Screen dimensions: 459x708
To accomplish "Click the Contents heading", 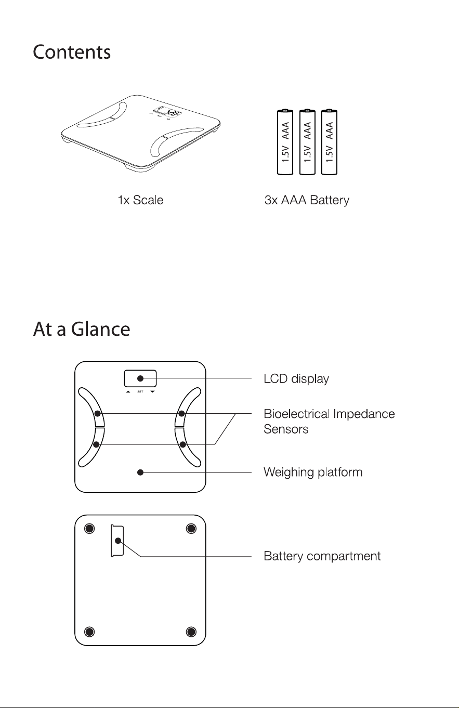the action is pos(72,52).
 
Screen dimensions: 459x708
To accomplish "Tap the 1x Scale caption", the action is pos(141,200).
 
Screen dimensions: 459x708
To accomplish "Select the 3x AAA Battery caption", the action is pos(307,200).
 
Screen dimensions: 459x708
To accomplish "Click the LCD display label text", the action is pos(296,378).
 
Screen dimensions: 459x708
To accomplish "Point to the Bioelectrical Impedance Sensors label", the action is pos(329,422).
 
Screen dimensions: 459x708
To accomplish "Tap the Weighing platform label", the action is pos(313,472).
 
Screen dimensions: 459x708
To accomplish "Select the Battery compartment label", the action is pos(322,556).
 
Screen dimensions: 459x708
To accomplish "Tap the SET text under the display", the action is pos(140,392).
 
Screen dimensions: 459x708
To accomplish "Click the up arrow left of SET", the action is pos(128,392).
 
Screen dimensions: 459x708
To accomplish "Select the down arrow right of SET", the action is pos(153,392).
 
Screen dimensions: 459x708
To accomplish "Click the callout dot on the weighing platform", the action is pos(140,472).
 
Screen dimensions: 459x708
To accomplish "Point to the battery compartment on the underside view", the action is pos(117,541).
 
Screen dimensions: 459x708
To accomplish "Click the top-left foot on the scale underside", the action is pos(89,529).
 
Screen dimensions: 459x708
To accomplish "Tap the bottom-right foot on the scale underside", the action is pos(191,632).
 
